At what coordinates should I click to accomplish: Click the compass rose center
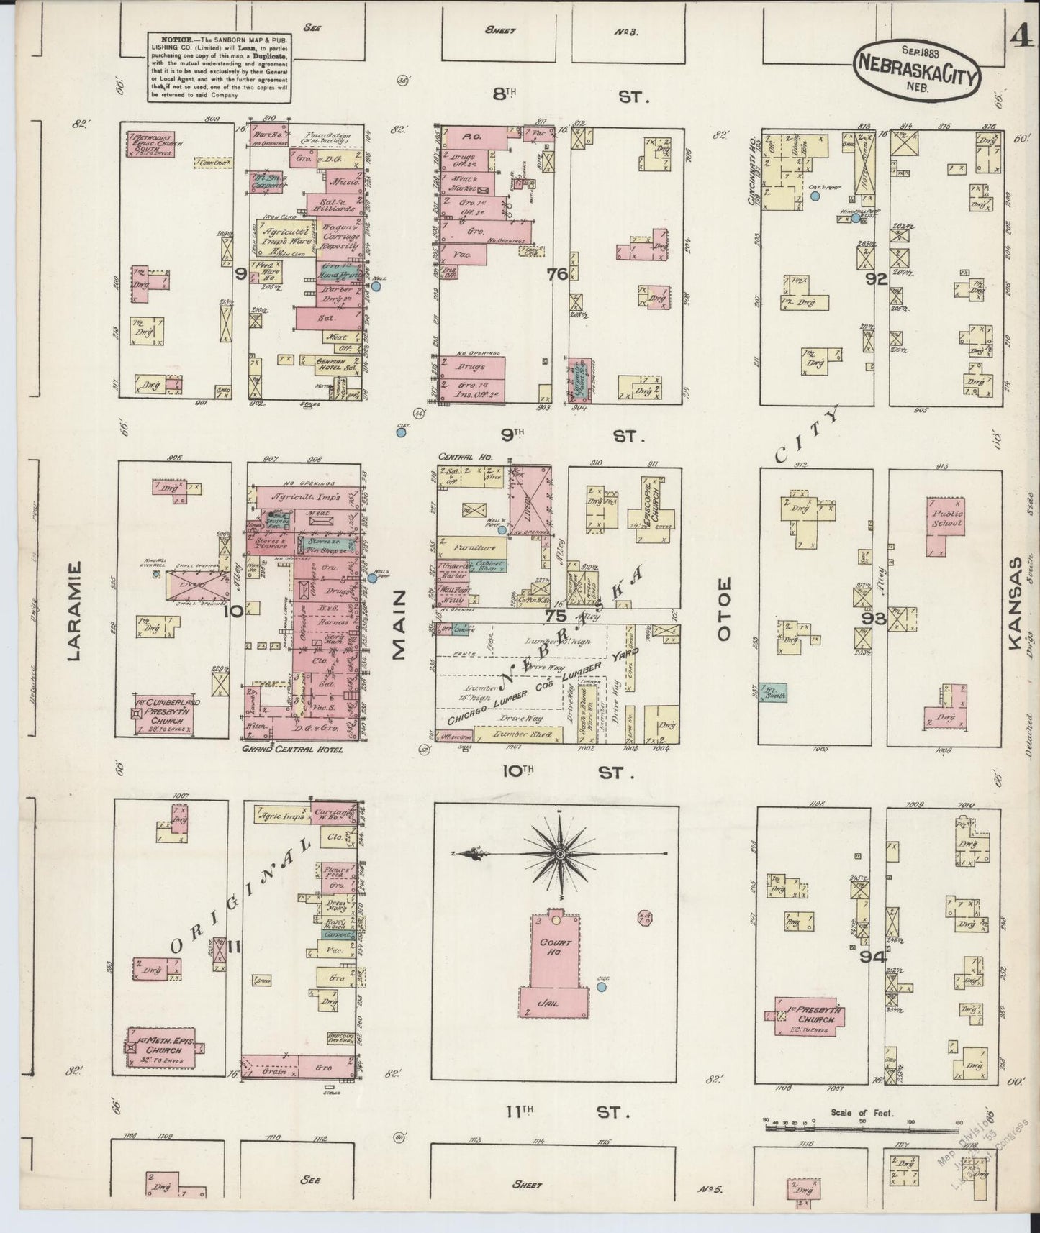point(559,853)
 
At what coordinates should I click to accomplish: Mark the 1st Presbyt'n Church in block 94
point(808,1015)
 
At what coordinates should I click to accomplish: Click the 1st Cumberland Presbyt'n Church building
point(166,714)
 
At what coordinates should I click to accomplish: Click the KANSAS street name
point(1016,604)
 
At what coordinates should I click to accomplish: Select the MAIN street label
point(398,623)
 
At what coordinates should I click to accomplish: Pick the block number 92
point(876,280)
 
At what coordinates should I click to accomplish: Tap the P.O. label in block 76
point(472,135)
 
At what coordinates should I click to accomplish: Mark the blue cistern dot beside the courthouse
point(602,987)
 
